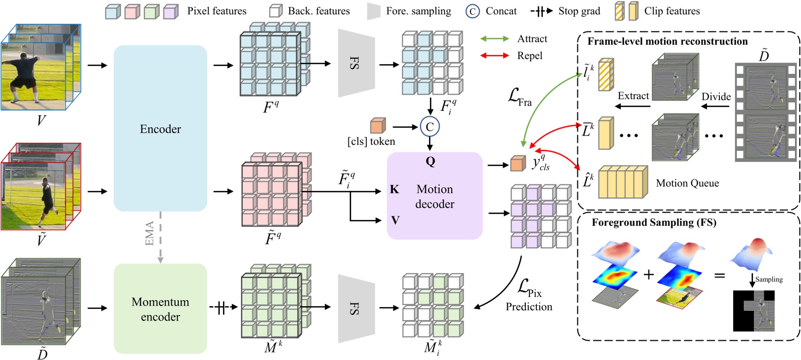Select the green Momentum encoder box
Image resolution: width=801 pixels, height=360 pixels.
coord(160,309)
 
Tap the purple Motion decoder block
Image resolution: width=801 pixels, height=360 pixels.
coord(435,196)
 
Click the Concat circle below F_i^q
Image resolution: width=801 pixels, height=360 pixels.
coord(430,127)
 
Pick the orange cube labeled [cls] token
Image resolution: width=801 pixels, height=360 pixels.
coord(377,125)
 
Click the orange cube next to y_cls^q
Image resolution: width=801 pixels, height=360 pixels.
coord(518,164)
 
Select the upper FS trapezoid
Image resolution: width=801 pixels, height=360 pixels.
coord(356,63)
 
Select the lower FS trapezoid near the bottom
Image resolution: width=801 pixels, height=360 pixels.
coord(356,308)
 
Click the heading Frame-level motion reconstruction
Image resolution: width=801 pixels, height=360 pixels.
coord(667,41)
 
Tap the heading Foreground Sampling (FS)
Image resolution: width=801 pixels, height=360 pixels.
coord(654,223)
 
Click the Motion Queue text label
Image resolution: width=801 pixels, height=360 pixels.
coord(687,183)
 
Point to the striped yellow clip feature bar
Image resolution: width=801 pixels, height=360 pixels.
coord(606,74)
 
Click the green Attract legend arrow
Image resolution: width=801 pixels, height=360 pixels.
coord(495,39)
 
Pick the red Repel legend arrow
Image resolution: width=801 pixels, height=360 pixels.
coord(495,56)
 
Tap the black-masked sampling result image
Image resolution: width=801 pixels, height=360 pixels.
coord(754,310)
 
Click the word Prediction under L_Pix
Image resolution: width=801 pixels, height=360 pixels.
coord(529,307)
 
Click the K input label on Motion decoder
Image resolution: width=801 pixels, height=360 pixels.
coord(395,189)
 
